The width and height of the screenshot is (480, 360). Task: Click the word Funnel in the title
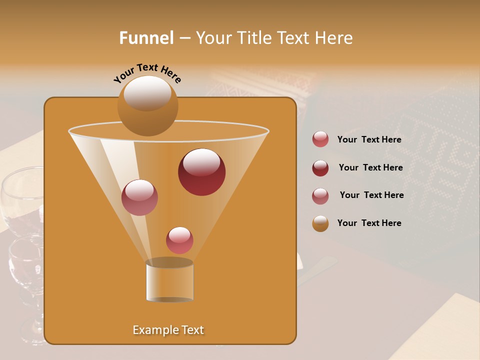[x=146, y=38]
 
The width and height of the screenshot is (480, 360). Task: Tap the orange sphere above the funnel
[x=147, y=105]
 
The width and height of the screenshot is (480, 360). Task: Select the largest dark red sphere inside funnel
[x=201, y=171]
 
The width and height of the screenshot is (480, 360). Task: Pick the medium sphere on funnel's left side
[x=139, y=197]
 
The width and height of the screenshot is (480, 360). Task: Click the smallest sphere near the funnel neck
[x=179, y=240]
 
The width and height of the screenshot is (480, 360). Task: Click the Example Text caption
[x=168, y=330]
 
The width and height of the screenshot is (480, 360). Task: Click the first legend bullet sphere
[x=320, y=139]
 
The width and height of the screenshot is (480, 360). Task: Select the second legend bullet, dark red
[x=320, y=168]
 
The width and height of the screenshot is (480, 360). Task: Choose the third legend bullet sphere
[x=320, y=196]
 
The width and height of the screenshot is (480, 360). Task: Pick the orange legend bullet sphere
[x=320, y=223]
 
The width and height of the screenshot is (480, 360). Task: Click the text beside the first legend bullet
[x=369, y=140]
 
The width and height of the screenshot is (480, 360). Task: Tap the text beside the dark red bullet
[x=370, y=168]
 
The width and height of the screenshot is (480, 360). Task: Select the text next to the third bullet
[x=371, y=195]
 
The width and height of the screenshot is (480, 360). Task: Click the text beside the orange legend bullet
[x=369, y=223]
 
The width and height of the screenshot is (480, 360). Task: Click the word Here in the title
[x=334, y=38]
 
